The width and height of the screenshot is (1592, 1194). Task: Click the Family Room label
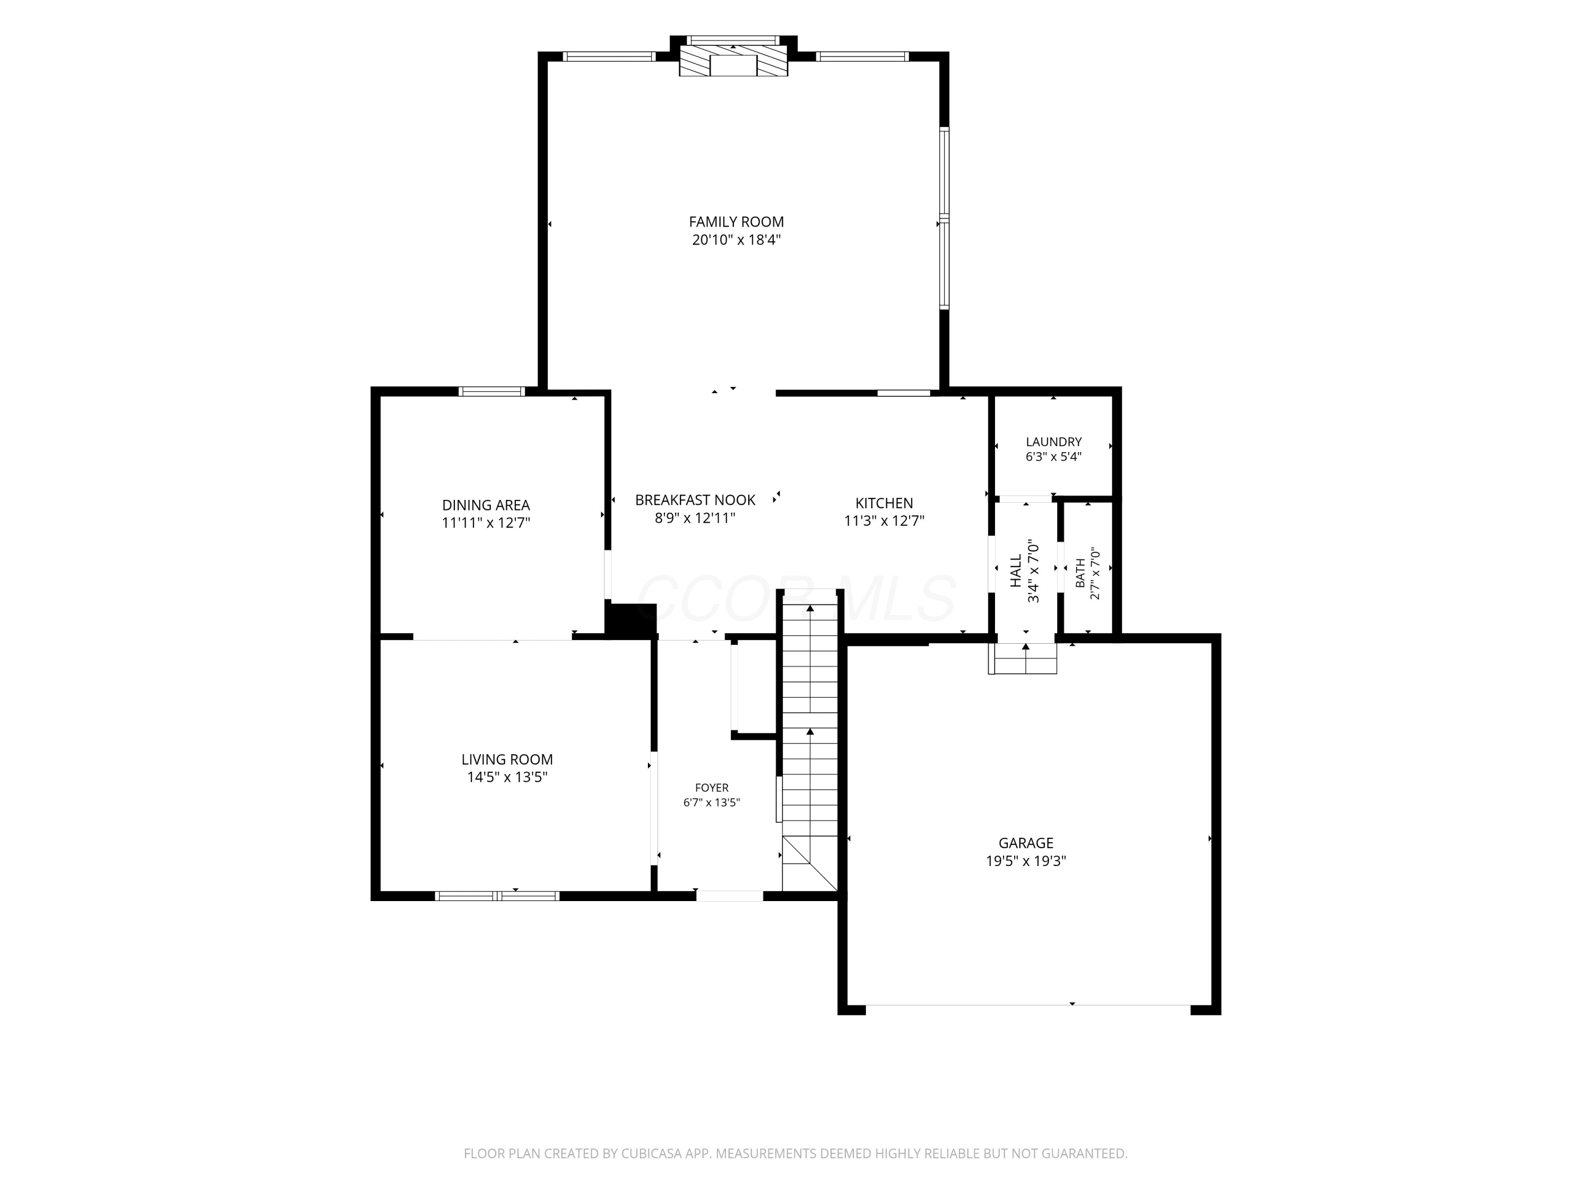click(x=736, y=222)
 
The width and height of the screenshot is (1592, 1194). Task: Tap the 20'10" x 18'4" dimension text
click(x=736, y=240)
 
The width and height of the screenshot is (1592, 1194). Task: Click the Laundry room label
click(x=1054, y=442)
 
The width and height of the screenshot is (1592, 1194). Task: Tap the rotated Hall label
click(x=1016, y=570)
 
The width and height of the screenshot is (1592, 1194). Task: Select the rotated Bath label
click(x=1080, y=573)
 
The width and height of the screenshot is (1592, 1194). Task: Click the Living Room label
click(x=507, y=759)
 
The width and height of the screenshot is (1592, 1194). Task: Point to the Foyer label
click(x=712, y=788)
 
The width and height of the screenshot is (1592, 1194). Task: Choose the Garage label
click(x=1026, y=843)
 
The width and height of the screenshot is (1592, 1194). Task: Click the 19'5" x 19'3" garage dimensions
click(x=1026, y=861)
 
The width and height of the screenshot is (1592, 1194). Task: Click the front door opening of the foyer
click(x=730, y=896)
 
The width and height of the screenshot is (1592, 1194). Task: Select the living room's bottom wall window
click(x=497, y=896)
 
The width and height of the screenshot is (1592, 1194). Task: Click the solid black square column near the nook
click(x=630, y=620)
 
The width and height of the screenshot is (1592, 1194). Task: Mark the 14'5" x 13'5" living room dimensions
click(x=507, y=777)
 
